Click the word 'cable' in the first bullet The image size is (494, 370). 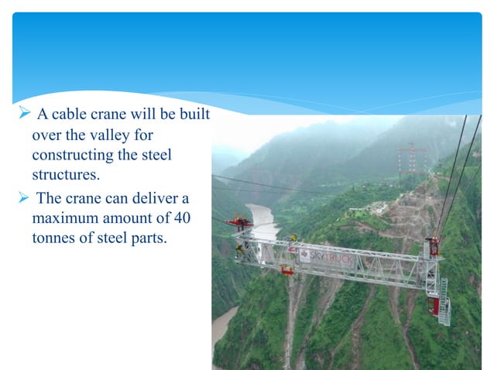[70, 115]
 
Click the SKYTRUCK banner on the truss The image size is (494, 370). [330, 256]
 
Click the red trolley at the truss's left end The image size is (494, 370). [239, 224]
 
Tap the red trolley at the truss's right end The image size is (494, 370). [432, 247]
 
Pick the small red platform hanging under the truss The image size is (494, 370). [287, 269]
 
